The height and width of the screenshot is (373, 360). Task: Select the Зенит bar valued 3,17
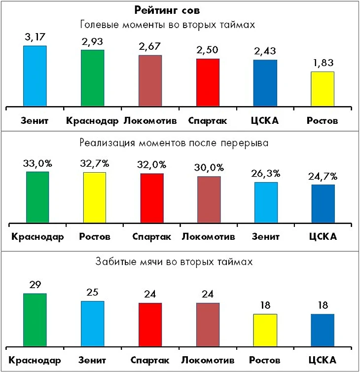coord(35,75)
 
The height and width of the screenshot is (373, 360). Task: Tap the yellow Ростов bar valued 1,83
coord(323,89)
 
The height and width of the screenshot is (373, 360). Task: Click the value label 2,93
coord(93,41)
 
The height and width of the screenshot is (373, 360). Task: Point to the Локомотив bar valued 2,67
coord(150,80)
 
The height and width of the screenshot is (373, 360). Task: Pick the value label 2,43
coord(265,51)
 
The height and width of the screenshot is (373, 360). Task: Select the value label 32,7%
coord(94,163)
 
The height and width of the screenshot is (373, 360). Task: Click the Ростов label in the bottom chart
coord(265,360)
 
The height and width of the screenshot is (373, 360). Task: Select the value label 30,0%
coord(209,167)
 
